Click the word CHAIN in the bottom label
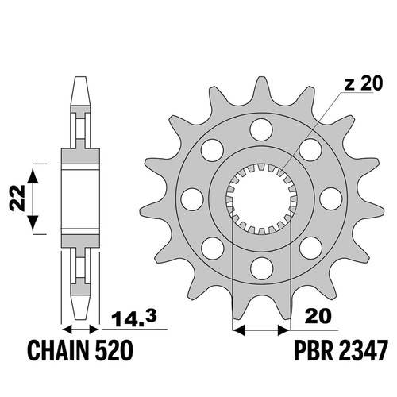point(58,351)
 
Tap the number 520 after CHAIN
point(114,351)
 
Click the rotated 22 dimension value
point(17,198)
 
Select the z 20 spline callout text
point(364,83)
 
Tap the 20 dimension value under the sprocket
point(318,316)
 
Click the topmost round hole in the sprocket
point(261,130)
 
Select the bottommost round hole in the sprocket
point(261,268)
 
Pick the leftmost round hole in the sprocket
point(193,199)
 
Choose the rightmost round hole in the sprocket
point(330,198)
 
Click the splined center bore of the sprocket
point(261,199)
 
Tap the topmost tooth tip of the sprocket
point(261,78)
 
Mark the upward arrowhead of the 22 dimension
point(33,175)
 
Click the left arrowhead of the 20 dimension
point(238,330)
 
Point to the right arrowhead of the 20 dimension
point(284,330)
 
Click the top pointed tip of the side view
point(81,77)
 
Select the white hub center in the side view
point(80,198)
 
